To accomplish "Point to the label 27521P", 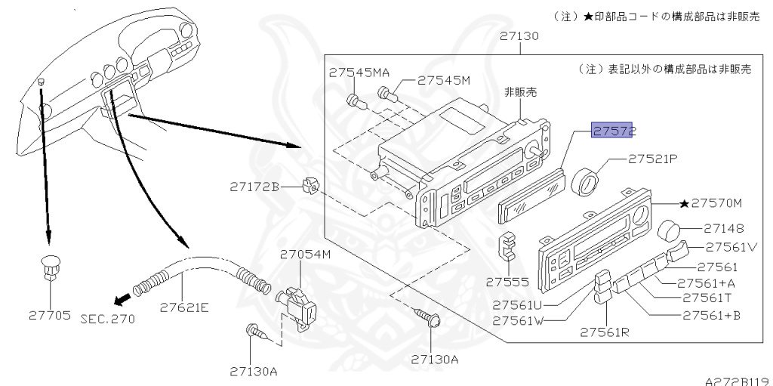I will tap(654, 159).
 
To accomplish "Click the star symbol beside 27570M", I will tap(684, 203).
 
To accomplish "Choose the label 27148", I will tap(724, 227).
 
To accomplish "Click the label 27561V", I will tap(731, 247).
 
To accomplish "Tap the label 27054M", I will tap(306, 254).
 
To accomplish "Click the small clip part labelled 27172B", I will tap(308, 185).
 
